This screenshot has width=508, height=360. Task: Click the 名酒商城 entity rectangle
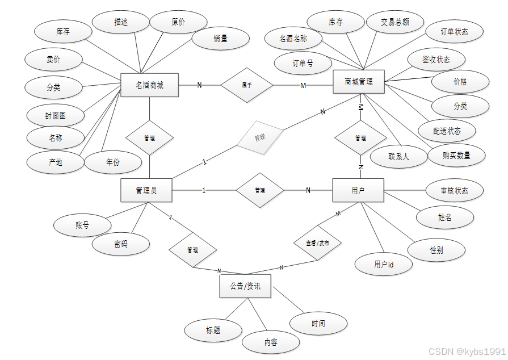[150, 85]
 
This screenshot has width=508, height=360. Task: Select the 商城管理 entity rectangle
[359, 82]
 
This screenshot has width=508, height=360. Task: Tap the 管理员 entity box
[146, 190]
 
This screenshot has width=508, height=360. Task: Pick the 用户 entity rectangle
[358, 190]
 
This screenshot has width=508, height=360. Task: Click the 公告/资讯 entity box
[245, 286]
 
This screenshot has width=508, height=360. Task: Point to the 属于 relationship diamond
[247, 85]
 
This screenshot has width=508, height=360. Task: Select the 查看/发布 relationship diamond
[317, 242]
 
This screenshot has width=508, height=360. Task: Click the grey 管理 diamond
[259, 137]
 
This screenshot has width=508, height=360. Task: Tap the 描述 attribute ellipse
[121, 22]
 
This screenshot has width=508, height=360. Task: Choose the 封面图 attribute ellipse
[56, 116]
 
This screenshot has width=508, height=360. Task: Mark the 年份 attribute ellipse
[113, 162]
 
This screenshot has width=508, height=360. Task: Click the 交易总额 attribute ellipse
[395, 22]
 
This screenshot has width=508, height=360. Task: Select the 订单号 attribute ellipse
[303, 64]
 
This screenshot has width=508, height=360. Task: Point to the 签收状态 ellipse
[436, 60]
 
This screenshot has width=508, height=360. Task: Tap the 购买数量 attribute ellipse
[456, 155]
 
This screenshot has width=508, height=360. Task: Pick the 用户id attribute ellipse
[384, 264]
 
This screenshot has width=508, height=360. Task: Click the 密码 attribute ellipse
[121, 244]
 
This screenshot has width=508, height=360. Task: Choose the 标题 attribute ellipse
[213, 330]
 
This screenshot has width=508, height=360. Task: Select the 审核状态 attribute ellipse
[454, 191]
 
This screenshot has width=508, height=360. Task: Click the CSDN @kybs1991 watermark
[466, 352]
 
